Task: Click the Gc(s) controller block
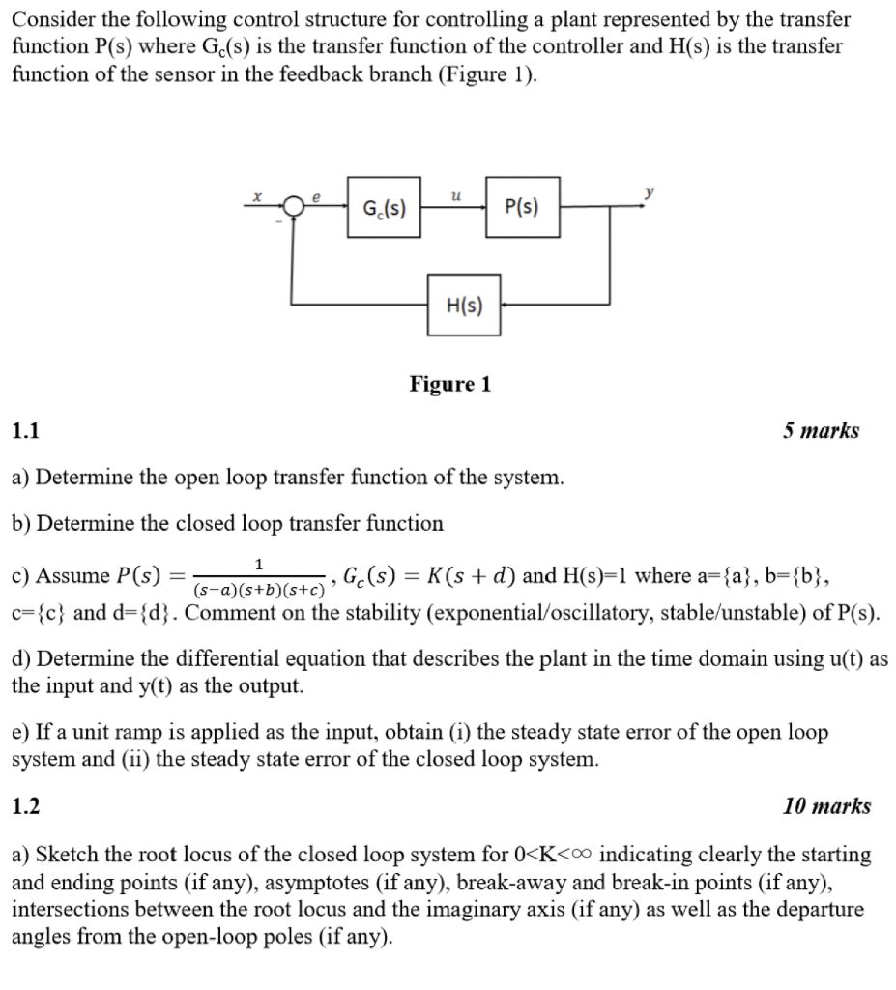pyautogui.click(x=385, y=206)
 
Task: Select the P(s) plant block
pyautogui.click(x=522, y=206)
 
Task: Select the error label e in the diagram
pyautogui.click(x=315, y=195)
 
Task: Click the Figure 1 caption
pyautogui.click(x=449, y=385)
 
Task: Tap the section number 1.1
pyautogui.click(x=25, y=431)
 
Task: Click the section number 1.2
pyautogui.click(x=26, y=806)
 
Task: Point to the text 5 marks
pyautogui.click(x=821, y=431)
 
